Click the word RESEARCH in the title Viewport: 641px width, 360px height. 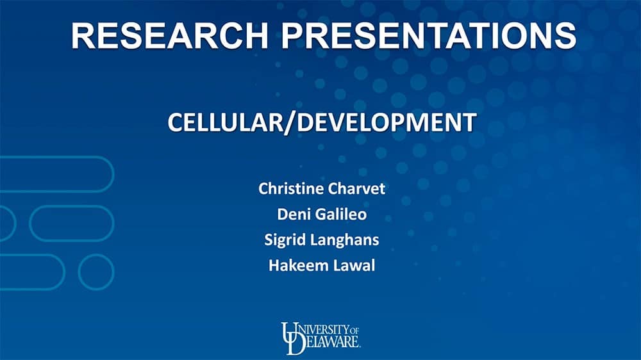click(x=170, y=35)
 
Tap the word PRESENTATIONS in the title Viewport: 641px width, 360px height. click(x=428, y=35)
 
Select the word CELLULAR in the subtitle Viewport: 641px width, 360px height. click(x=225, y=122)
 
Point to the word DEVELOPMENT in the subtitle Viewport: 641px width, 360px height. click(x=387, y=122)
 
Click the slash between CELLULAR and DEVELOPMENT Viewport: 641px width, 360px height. click(x=290, y=122)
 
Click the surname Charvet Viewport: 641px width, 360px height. click(x=356, y=188)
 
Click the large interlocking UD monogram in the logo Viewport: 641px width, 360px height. click(x=292, y=338)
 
